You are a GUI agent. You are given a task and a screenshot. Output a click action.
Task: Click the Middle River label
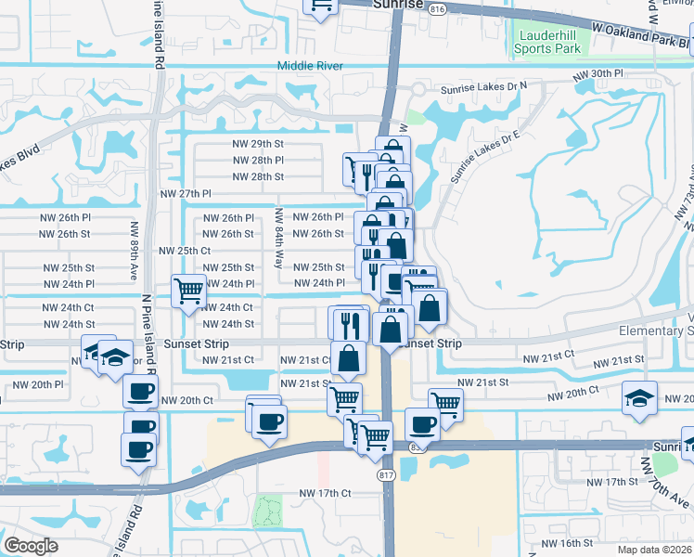point(311,66)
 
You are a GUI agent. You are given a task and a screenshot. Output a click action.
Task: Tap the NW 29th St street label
point(257,144)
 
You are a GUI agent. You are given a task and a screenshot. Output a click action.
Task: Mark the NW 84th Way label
point(277,239)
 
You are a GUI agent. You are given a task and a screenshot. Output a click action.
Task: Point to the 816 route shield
point(438,8)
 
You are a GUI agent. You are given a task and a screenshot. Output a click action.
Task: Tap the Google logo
point(31,546)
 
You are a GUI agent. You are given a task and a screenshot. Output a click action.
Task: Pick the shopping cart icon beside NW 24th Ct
point(188,291)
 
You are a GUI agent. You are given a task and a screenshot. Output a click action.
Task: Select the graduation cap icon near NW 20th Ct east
point(640,397)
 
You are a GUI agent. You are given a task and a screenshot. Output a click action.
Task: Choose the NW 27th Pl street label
point(186,193)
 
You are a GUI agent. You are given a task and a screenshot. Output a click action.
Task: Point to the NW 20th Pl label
point(38,383)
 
